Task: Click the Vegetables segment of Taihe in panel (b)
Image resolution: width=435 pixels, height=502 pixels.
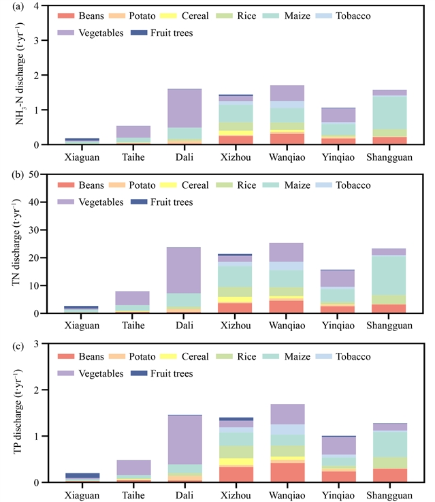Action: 133,298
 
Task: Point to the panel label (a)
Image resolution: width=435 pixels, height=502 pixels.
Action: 11,7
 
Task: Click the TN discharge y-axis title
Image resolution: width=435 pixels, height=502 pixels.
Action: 14,245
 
